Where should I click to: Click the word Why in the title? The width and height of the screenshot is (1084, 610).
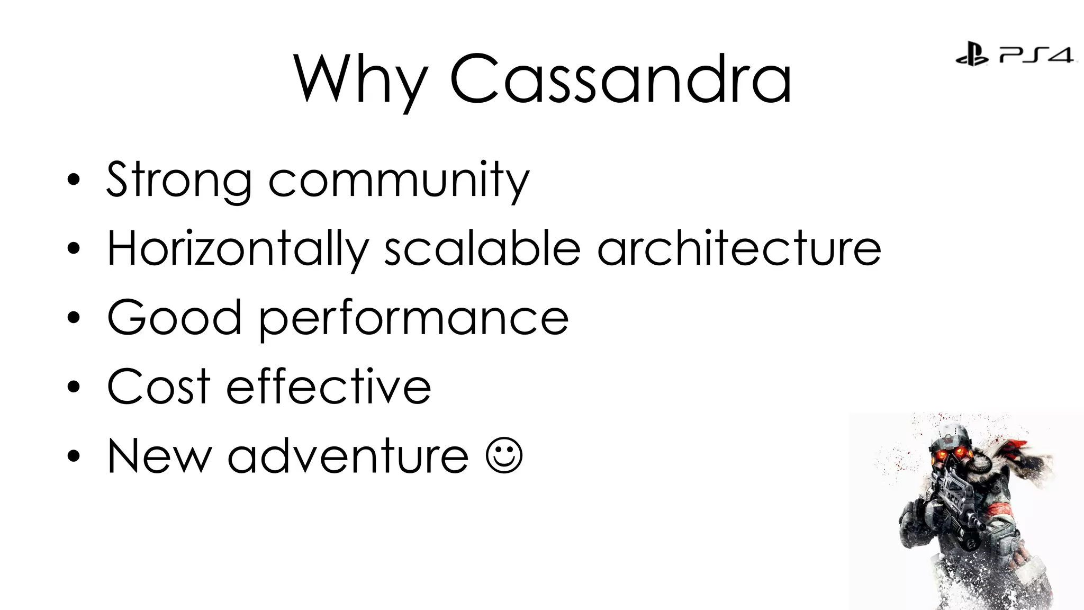pos(360,79)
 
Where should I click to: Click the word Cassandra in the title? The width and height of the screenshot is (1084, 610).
pos(620,79)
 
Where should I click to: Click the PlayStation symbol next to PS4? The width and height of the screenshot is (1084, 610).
pos(972,55)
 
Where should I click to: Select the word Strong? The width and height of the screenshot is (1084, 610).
pos(179,180)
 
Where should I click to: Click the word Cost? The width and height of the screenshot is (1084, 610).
pos(159,387)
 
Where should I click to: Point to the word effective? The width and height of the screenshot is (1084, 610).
pos(329,387)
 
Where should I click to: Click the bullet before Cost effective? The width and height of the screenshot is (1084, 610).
pos(74,387)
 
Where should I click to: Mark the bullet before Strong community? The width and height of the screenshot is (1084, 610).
pos(74,180)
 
